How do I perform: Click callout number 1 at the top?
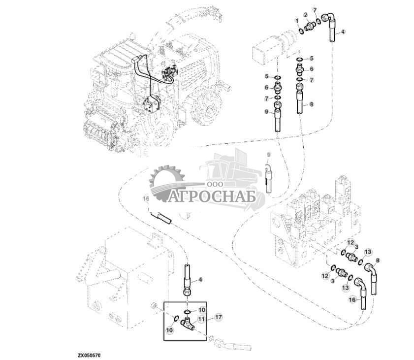point(297,19)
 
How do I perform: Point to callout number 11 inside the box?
point(201,319)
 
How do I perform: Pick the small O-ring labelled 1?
point(300,32)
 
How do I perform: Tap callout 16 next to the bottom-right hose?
point(352,299)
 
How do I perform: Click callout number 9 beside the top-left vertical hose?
point(267,112)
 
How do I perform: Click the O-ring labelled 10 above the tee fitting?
point(188,311)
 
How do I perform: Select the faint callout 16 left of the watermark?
point(145,199)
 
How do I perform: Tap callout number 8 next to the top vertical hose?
point(311,104)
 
